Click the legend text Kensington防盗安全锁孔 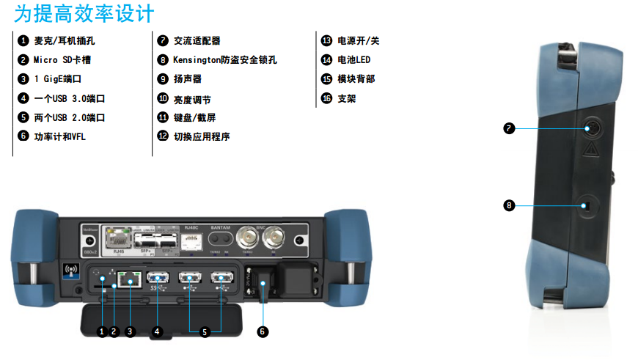tap(224, 59)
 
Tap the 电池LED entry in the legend tap(353, 59)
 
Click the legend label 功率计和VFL tap(60, 136)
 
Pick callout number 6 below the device tap(263, 331)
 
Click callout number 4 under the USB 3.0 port tap(156, 331)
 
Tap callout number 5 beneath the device tap(205, 331)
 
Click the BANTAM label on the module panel tap(221, 228)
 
